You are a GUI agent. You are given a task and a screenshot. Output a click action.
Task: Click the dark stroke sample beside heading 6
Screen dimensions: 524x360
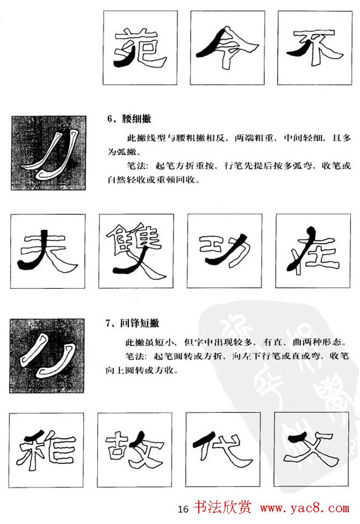[x=48, y=153]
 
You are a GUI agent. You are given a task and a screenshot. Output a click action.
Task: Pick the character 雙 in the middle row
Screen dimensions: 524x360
[x=136, y=251]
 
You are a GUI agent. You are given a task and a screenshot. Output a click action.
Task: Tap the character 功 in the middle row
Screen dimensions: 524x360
[x=225, y=251]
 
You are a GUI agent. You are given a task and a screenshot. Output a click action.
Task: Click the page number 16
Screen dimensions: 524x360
[x=183, y=508]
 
